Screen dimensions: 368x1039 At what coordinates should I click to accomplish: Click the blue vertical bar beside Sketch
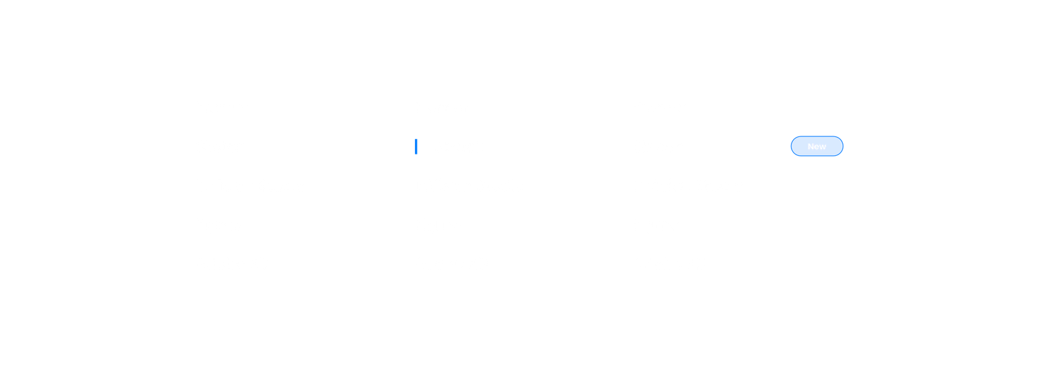416,147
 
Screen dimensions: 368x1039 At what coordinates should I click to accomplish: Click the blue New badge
817,147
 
